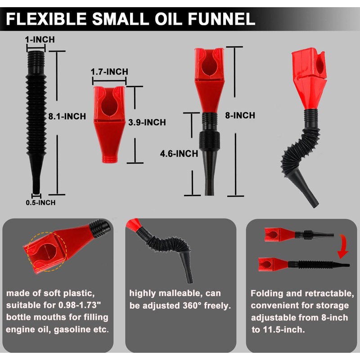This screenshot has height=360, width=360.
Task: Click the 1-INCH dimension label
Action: tap(40, 40)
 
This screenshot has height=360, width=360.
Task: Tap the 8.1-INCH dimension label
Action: tap(67, 116)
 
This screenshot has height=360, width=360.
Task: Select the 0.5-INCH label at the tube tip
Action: tap(40, 202)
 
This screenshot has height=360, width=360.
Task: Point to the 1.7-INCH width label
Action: tap(109, 72)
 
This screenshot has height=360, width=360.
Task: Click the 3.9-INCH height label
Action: tap(147, 122)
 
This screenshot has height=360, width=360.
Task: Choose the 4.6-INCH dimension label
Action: tap(179, 153)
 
